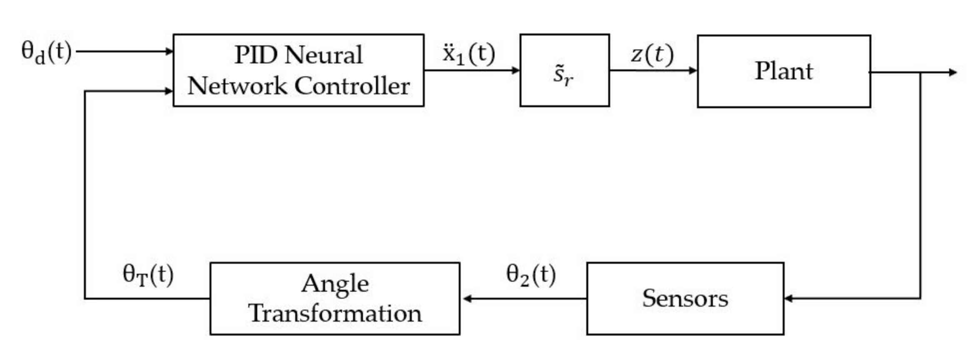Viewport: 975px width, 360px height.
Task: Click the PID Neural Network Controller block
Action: [x=298, y=70]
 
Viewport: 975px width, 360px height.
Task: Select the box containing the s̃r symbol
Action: [x=564, y=70]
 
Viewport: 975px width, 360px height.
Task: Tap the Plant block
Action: [x=783, y=71]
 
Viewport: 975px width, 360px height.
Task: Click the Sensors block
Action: [x=685, y=298]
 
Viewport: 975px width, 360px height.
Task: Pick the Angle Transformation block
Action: [x=335, y=298]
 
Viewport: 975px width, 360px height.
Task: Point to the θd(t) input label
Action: [x=46, y=52]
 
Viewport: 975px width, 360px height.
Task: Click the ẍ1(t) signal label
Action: [x=469, y=54]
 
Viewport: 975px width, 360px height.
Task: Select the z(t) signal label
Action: [x=652, y=54]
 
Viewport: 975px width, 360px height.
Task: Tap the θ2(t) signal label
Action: [x=531, y=275]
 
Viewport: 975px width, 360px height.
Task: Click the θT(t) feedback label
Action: [x=148, y=275]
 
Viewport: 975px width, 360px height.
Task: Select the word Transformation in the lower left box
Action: [x=335, y=313]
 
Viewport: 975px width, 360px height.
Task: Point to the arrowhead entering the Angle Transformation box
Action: [x=467, y=298]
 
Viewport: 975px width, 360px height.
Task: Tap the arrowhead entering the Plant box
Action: [x=693, y=70]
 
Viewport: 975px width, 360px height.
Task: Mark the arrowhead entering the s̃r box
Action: [x=516, y=70]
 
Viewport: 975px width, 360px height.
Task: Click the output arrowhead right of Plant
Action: [x=953, y=72]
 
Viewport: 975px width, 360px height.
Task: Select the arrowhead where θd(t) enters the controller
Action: [x=169, y=52]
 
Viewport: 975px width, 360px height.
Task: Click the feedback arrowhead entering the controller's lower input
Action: [x=169, y=91]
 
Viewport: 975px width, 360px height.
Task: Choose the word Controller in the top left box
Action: [x=352, y=86]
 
